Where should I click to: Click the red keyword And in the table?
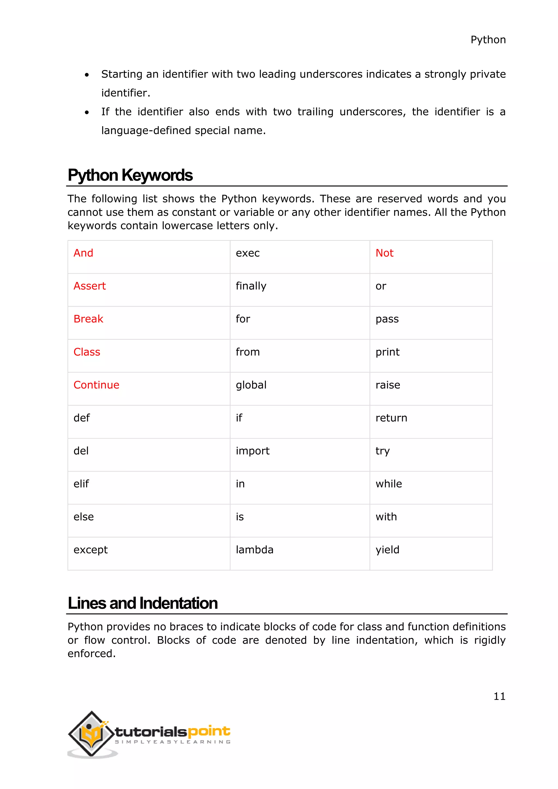pyautogui.click(x=83, y=253)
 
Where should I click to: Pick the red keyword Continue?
pyautogui.click(x=96, y=385)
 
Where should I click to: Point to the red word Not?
pyautogui.click(x=384, y=253)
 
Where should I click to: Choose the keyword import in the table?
pyautogui.click(x=253, y=451)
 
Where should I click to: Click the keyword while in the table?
pyautogui.click(x=388, y=484)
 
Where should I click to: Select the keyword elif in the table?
pyautogui.click(x=81, y=484)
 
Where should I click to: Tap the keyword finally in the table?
pyautogui.click(x=251, y=286)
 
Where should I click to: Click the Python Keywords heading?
pyautogui.click(x=130, y=175)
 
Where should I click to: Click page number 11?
pyautogui.click(x=499, y=697)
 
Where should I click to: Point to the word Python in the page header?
pyautogui.click(x=488, y=40)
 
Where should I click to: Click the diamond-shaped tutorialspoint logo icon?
pyautogui.click(x=91, y=733)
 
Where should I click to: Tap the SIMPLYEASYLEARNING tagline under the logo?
pyautogui.click(x=172, y=742)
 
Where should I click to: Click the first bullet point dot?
pyautogui.click(x=87, y=75)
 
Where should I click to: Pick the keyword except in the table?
pyautogui.click(x=90, y=550)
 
